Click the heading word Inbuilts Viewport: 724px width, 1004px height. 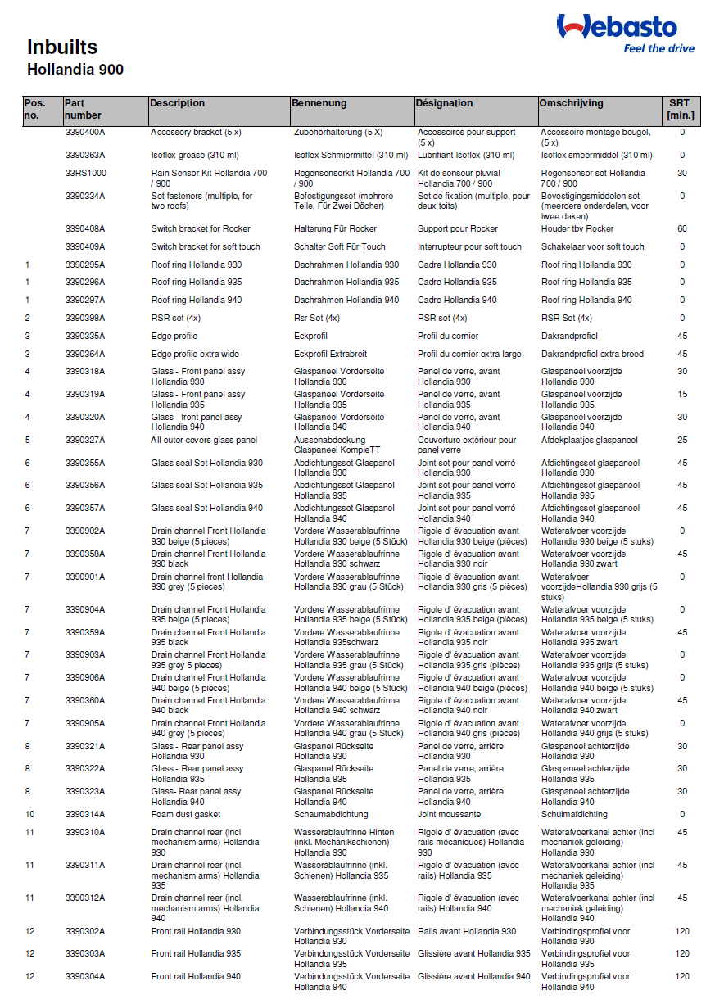[x=62, y=47]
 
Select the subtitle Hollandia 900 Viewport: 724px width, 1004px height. [x=75, y=70]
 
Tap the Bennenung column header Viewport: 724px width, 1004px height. [x=320, y=103]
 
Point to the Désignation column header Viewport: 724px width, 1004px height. [x=444, y=103]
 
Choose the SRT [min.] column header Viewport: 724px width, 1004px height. [x=681, y=109]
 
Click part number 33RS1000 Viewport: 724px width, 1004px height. [x=86, y=173]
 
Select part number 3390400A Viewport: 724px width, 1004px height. [x=85, y=132]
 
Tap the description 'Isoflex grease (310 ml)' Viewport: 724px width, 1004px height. [x=195, y=155]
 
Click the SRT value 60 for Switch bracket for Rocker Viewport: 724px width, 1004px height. [x=682, y=228]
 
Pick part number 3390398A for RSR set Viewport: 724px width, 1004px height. [x=85, y=318]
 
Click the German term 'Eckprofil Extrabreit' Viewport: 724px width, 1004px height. [x=331, y=354]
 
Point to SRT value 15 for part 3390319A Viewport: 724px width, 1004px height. [x=682, y=394]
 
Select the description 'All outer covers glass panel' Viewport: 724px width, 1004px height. [x=204, y=440]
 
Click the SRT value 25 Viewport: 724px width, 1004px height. [x=682, y=440]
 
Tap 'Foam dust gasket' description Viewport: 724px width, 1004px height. [x=186, y=814]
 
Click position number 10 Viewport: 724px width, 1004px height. [x=29, y=814]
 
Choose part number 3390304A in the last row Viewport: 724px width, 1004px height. [x=85, y=976]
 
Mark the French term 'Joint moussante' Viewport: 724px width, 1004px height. [x=449, y=814]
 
